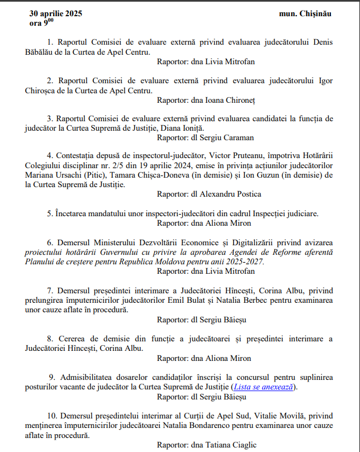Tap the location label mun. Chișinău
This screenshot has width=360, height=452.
tap(304, 13)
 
